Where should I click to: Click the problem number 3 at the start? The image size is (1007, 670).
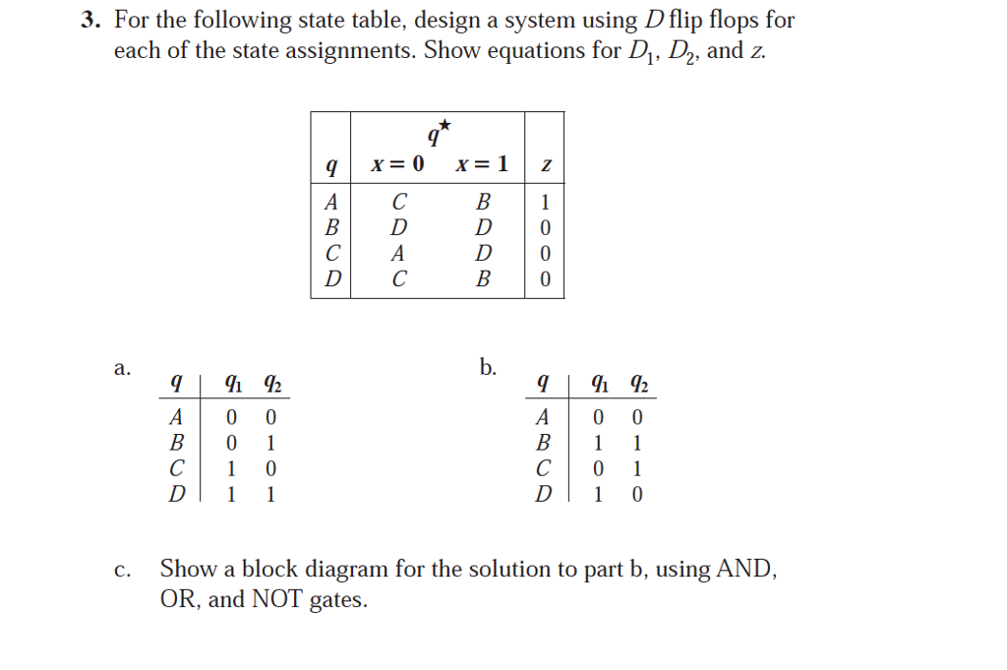pyautogui.click(x=89, y=21)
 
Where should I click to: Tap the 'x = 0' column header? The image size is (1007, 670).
pyautogui.click(x=397, y=164)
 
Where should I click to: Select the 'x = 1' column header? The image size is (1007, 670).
pyautogui.click(x=482, y=164)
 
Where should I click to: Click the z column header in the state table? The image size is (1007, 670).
pyautogui.click(x=545, y=165)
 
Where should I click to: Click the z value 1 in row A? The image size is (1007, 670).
pyautogui.click(x=545, y=203)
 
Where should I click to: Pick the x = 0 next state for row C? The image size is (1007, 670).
pyautogui.click(x=398, y=254)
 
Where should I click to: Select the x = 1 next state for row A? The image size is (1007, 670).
pyautogui.click(x=482, y=203)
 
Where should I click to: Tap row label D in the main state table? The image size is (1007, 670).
pyautogui.click(x=331, y=279)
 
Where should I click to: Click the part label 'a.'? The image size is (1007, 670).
pyautogui.click(x=121, y=368)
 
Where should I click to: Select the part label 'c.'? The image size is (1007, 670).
pyautogui.click(x=121, y=571)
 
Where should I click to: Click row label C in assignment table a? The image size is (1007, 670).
pyautogui.click(x=176, y=469)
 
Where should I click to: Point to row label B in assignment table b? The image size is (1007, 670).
pyautogui.click(x=543, y=444)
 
